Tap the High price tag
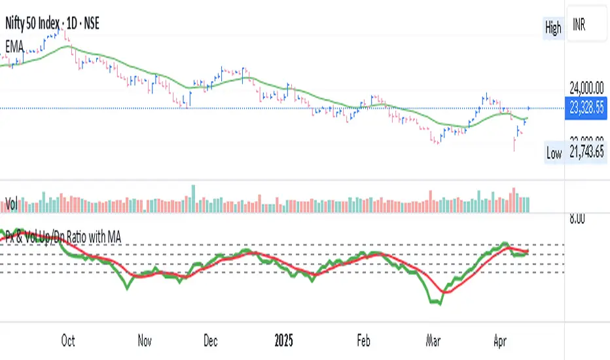[553, 28]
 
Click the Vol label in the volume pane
[10, 205]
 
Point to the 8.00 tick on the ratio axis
[575, 220]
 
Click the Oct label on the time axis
[67, 340]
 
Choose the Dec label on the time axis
[211, 340]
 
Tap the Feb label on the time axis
[363, 340]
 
